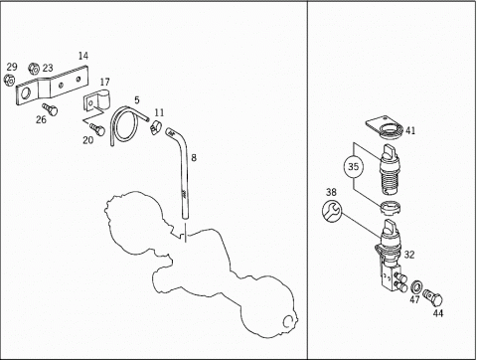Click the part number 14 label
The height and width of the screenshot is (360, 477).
pos(83,56)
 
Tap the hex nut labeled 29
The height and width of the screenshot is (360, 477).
pos(9,80)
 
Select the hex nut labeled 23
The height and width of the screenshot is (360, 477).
pos(34,68)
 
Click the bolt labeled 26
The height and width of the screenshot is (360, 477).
pos(50,109)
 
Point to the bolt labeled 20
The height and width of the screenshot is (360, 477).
pos(97,129)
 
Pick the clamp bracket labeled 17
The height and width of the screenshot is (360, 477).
pos(96,100)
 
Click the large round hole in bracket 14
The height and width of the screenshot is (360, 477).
pos(25,93)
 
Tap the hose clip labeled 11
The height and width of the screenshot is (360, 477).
pos(155,127)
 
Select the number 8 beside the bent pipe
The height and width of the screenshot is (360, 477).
pos(194,157)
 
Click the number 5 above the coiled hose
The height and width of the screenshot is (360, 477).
pos(137,100)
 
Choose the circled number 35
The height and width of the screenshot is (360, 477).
pos(354,166)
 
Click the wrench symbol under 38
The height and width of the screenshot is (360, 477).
pos(332,211)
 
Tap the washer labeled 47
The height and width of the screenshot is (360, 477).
pos(415,285)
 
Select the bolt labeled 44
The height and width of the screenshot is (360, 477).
pos(432,297)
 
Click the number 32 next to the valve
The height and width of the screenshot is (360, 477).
pos(409,255)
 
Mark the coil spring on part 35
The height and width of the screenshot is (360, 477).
pos(391,182)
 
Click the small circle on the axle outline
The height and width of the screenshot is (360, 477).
pos(288,321)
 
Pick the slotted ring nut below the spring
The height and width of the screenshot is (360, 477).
pos(391,208)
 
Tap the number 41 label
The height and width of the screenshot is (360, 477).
pos(410,130)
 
